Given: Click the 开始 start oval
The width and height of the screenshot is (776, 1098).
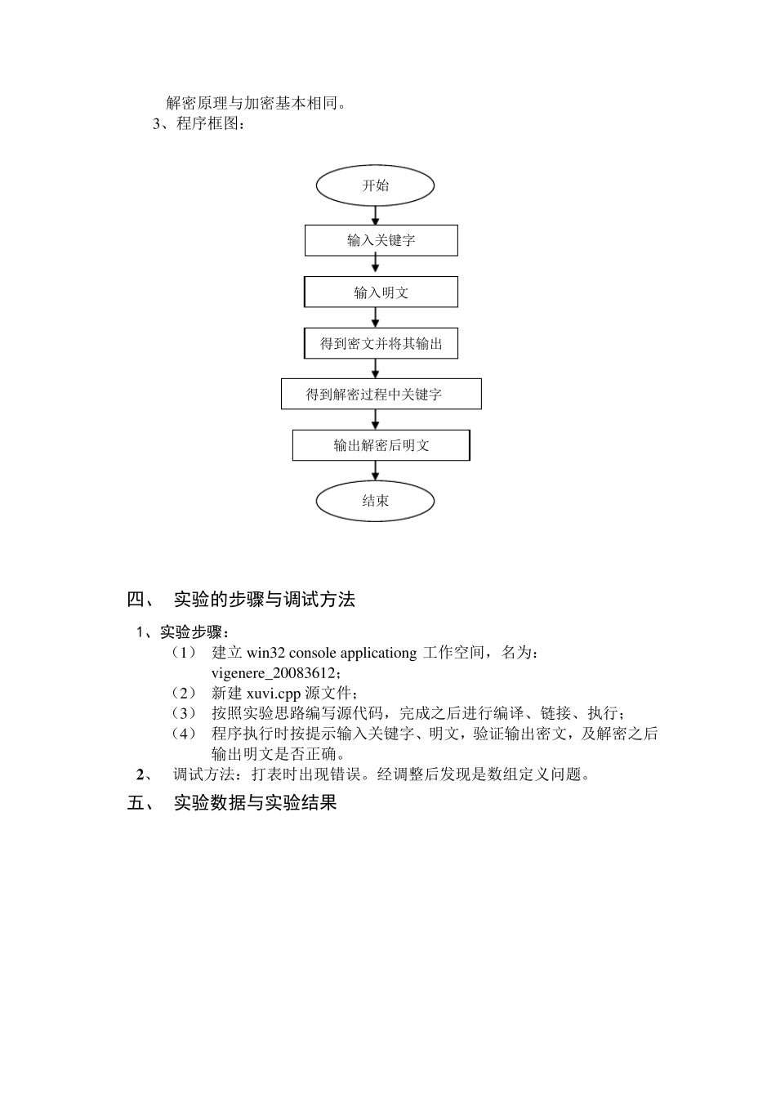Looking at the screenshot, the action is (375, 185).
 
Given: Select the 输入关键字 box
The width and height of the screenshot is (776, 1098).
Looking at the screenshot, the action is (381, 240).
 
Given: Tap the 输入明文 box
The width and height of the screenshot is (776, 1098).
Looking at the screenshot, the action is (381, 292).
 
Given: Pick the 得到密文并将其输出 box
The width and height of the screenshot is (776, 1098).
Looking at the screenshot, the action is (381, 344).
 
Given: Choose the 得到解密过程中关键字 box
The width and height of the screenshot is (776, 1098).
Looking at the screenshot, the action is (381, 394).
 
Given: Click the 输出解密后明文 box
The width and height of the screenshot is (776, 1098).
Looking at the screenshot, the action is (381, 445).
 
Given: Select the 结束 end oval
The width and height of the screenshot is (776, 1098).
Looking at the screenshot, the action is (375, 501).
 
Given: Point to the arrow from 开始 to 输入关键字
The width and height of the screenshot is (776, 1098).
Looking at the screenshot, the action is (376, 215).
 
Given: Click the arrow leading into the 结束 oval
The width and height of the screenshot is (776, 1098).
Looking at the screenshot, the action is (376, 471).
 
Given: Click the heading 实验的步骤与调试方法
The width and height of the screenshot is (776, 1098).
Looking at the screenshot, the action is (265, 600).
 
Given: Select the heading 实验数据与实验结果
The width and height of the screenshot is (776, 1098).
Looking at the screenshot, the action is (256, 803).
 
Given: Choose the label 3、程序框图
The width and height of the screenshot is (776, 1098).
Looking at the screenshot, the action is (198, 124).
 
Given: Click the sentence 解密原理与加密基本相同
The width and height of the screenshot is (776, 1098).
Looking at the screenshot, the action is (256, 104).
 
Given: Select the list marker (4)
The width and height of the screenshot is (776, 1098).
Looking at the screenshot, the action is (185, 734).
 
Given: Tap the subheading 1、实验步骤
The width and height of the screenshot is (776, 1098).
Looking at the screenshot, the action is (182, 632).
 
